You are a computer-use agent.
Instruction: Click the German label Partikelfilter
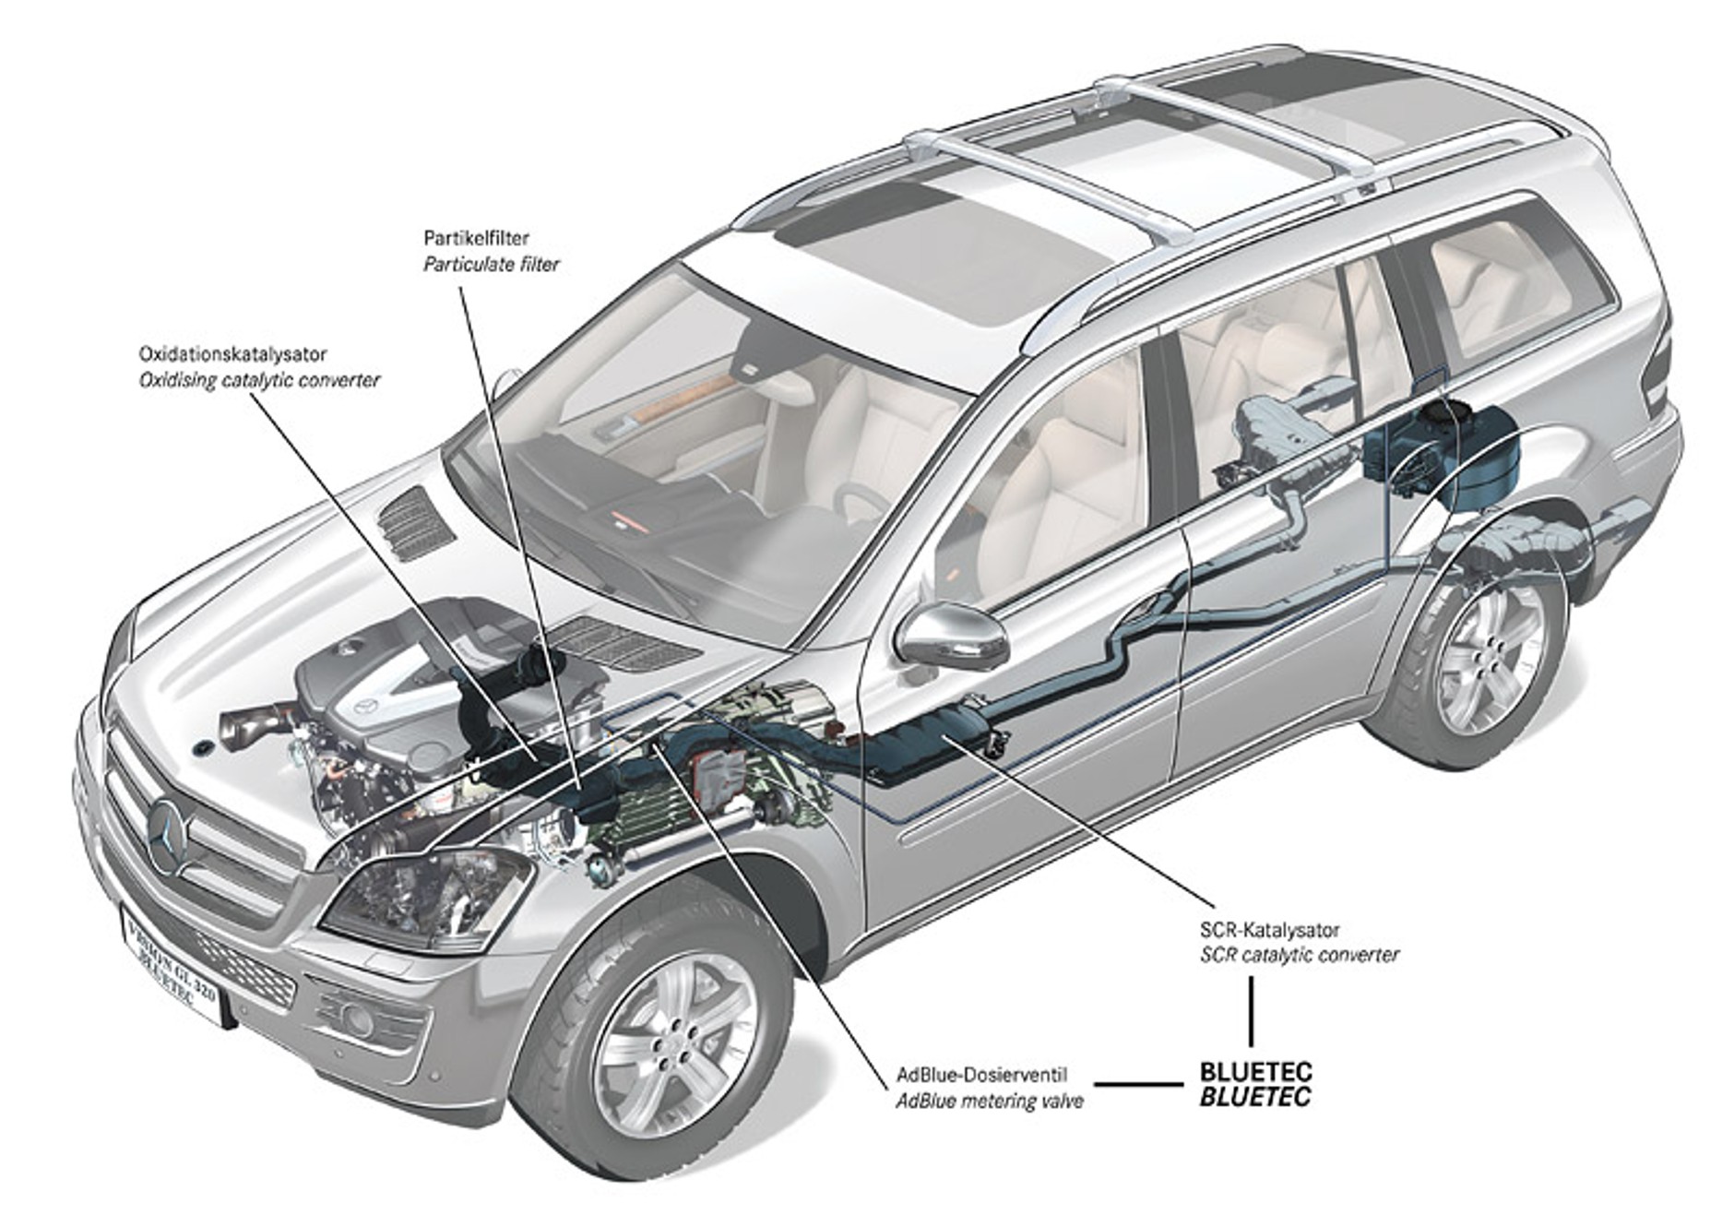pyautogui.click(x=476, y=238)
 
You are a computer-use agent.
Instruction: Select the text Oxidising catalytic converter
pyautogui.click(x=259, y=380)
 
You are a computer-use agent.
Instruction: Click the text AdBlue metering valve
pyautogui.click(x=990, y=1102)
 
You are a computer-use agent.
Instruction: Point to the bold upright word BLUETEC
pyautogui.click(x=1255, y=1073)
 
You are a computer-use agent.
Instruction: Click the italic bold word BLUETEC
pyautogui.click(x=1255, y=1097)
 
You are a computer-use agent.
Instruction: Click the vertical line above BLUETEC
pyautogui.click(x=1252, y=1010)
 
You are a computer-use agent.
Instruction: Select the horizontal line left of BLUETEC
pyautogui.click(x=1137, y=1085)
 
